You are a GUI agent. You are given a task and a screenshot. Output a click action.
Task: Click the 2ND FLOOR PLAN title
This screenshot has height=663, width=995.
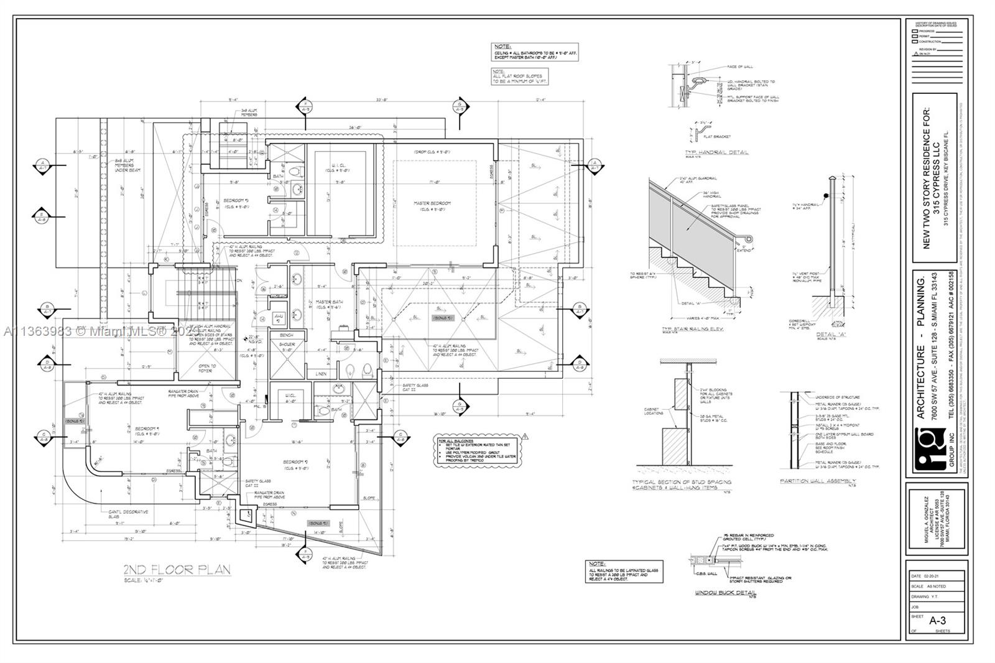point(177,569)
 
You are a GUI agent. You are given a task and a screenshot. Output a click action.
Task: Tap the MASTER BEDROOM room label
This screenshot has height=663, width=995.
point(433,203)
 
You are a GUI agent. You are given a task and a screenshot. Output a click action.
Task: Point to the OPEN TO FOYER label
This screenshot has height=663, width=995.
point(206,368)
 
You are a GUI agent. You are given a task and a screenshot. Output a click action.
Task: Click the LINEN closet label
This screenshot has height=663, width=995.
point(321,374)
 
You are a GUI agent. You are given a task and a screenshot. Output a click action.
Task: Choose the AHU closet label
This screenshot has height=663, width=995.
point(279,318)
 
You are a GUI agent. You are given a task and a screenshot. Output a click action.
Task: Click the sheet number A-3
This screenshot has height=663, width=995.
point(937,620)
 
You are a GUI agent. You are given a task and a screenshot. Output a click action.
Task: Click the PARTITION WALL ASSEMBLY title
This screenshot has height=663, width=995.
point(818,481)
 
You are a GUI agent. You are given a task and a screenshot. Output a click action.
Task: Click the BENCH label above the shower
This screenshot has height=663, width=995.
point(286,335)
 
